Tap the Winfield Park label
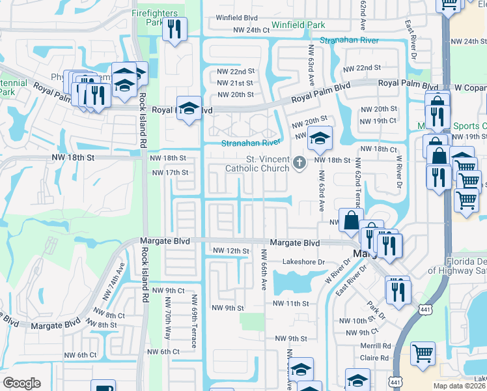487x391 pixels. (x=298, y=25)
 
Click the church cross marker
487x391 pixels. (x=299, y=162)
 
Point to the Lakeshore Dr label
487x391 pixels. (x=303, y=262)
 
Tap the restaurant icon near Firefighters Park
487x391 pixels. (x=174, y=29)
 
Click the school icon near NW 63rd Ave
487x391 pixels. (x=320, y=139)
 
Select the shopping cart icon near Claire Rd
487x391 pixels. (x=423, y=354)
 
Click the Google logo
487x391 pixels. (x=21, y=383)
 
